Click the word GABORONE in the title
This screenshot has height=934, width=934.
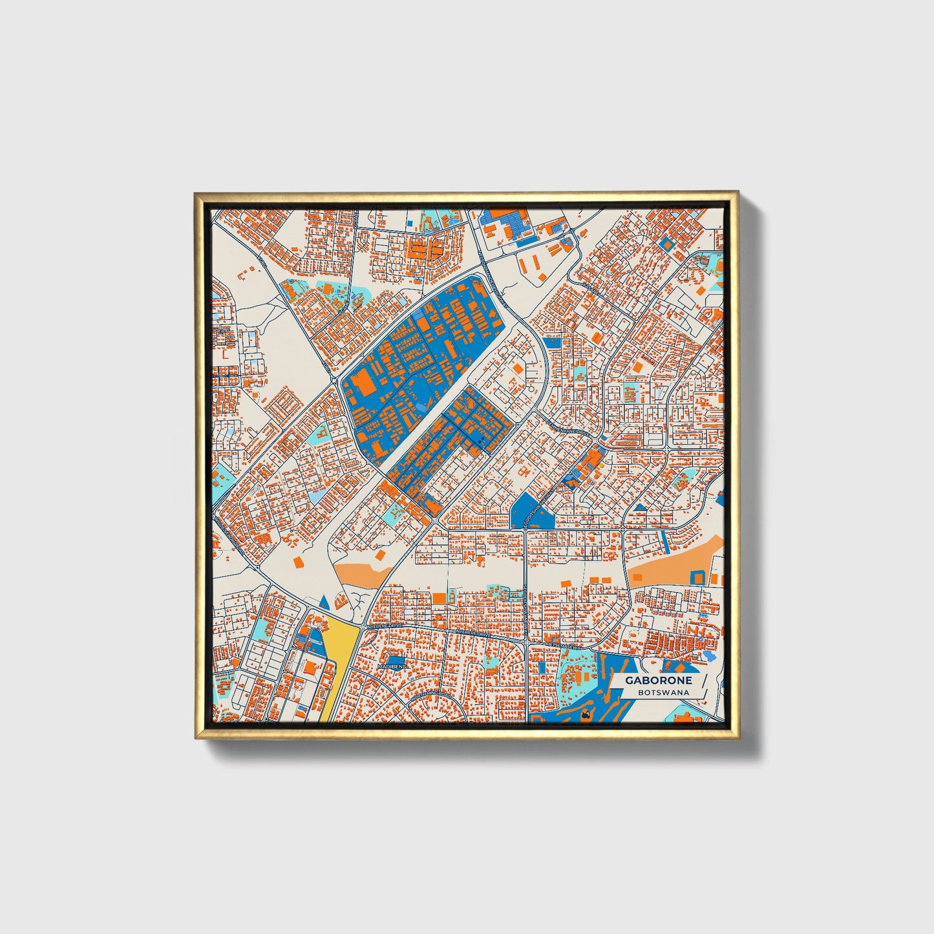coord(658,680)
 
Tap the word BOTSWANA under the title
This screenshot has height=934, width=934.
coord(663,692)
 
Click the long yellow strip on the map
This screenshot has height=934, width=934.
coord(335,663)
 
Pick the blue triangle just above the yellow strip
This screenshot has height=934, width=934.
coord(324,603)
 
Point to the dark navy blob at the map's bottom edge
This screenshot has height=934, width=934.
coord(586,715)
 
